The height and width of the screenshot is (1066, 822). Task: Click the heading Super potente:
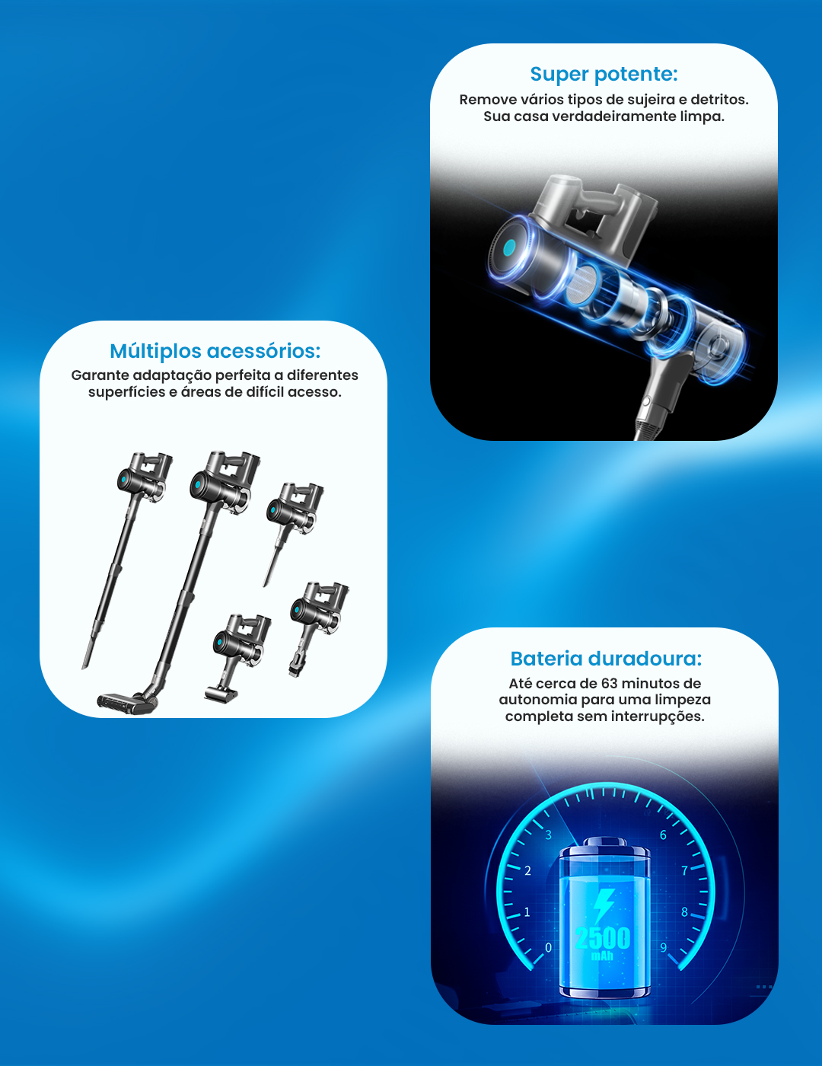[x=604, y=74]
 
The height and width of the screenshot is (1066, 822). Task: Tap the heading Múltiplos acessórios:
[x=215, y=351]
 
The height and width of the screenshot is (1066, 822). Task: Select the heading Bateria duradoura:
[x=606, y=659]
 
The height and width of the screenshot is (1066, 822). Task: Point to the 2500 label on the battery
[x=602, y=938]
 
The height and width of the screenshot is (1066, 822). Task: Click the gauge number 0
[x=548, y=947]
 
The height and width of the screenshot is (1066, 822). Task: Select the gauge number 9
[x=663, y=947]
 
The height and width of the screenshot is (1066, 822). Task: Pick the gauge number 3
[x=549, y=835]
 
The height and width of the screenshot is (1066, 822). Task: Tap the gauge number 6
[x=663, y=835]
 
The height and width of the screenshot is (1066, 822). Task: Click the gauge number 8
[x=685, y=912]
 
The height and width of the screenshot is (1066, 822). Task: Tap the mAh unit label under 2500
[x=602, y=956]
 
